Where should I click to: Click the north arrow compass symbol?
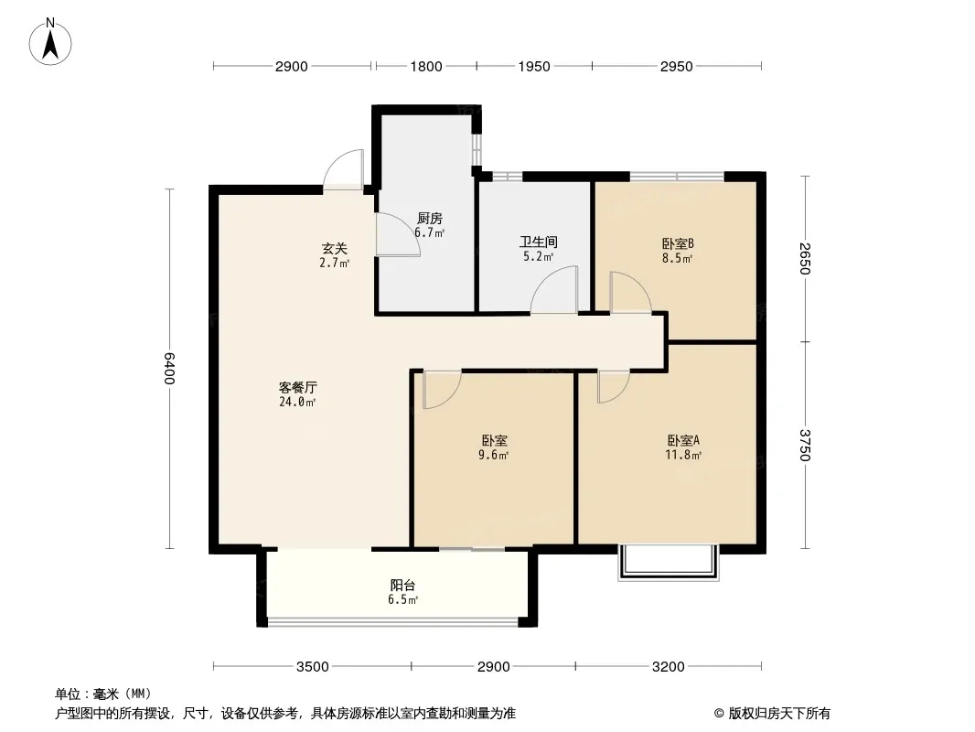[50, 42]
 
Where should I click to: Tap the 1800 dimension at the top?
[426, 67]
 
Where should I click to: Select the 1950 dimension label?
[534, 67]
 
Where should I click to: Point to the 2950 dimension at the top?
[677, 67]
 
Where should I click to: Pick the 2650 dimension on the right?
[805, 259]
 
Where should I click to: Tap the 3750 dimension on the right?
[805, 445]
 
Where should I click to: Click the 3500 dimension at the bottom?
[312, 667]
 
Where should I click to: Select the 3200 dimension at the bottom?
[669, 667]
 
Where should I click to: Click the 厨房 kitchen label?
[430, 219]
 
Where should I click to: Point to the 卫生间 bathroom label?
[539, 242]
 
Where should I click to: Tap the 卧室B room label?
[678, 243]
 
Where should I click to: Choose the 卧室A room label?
[683, 440]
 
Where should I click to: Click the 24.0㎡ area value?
[297, 402]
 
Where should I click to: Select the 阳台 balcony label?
[403, 586]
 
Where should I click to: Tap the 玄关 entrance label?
[334, 248]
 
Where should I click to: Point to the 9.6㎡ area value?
[493, 455]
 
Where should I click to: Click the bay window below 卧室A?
[669, 563]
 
